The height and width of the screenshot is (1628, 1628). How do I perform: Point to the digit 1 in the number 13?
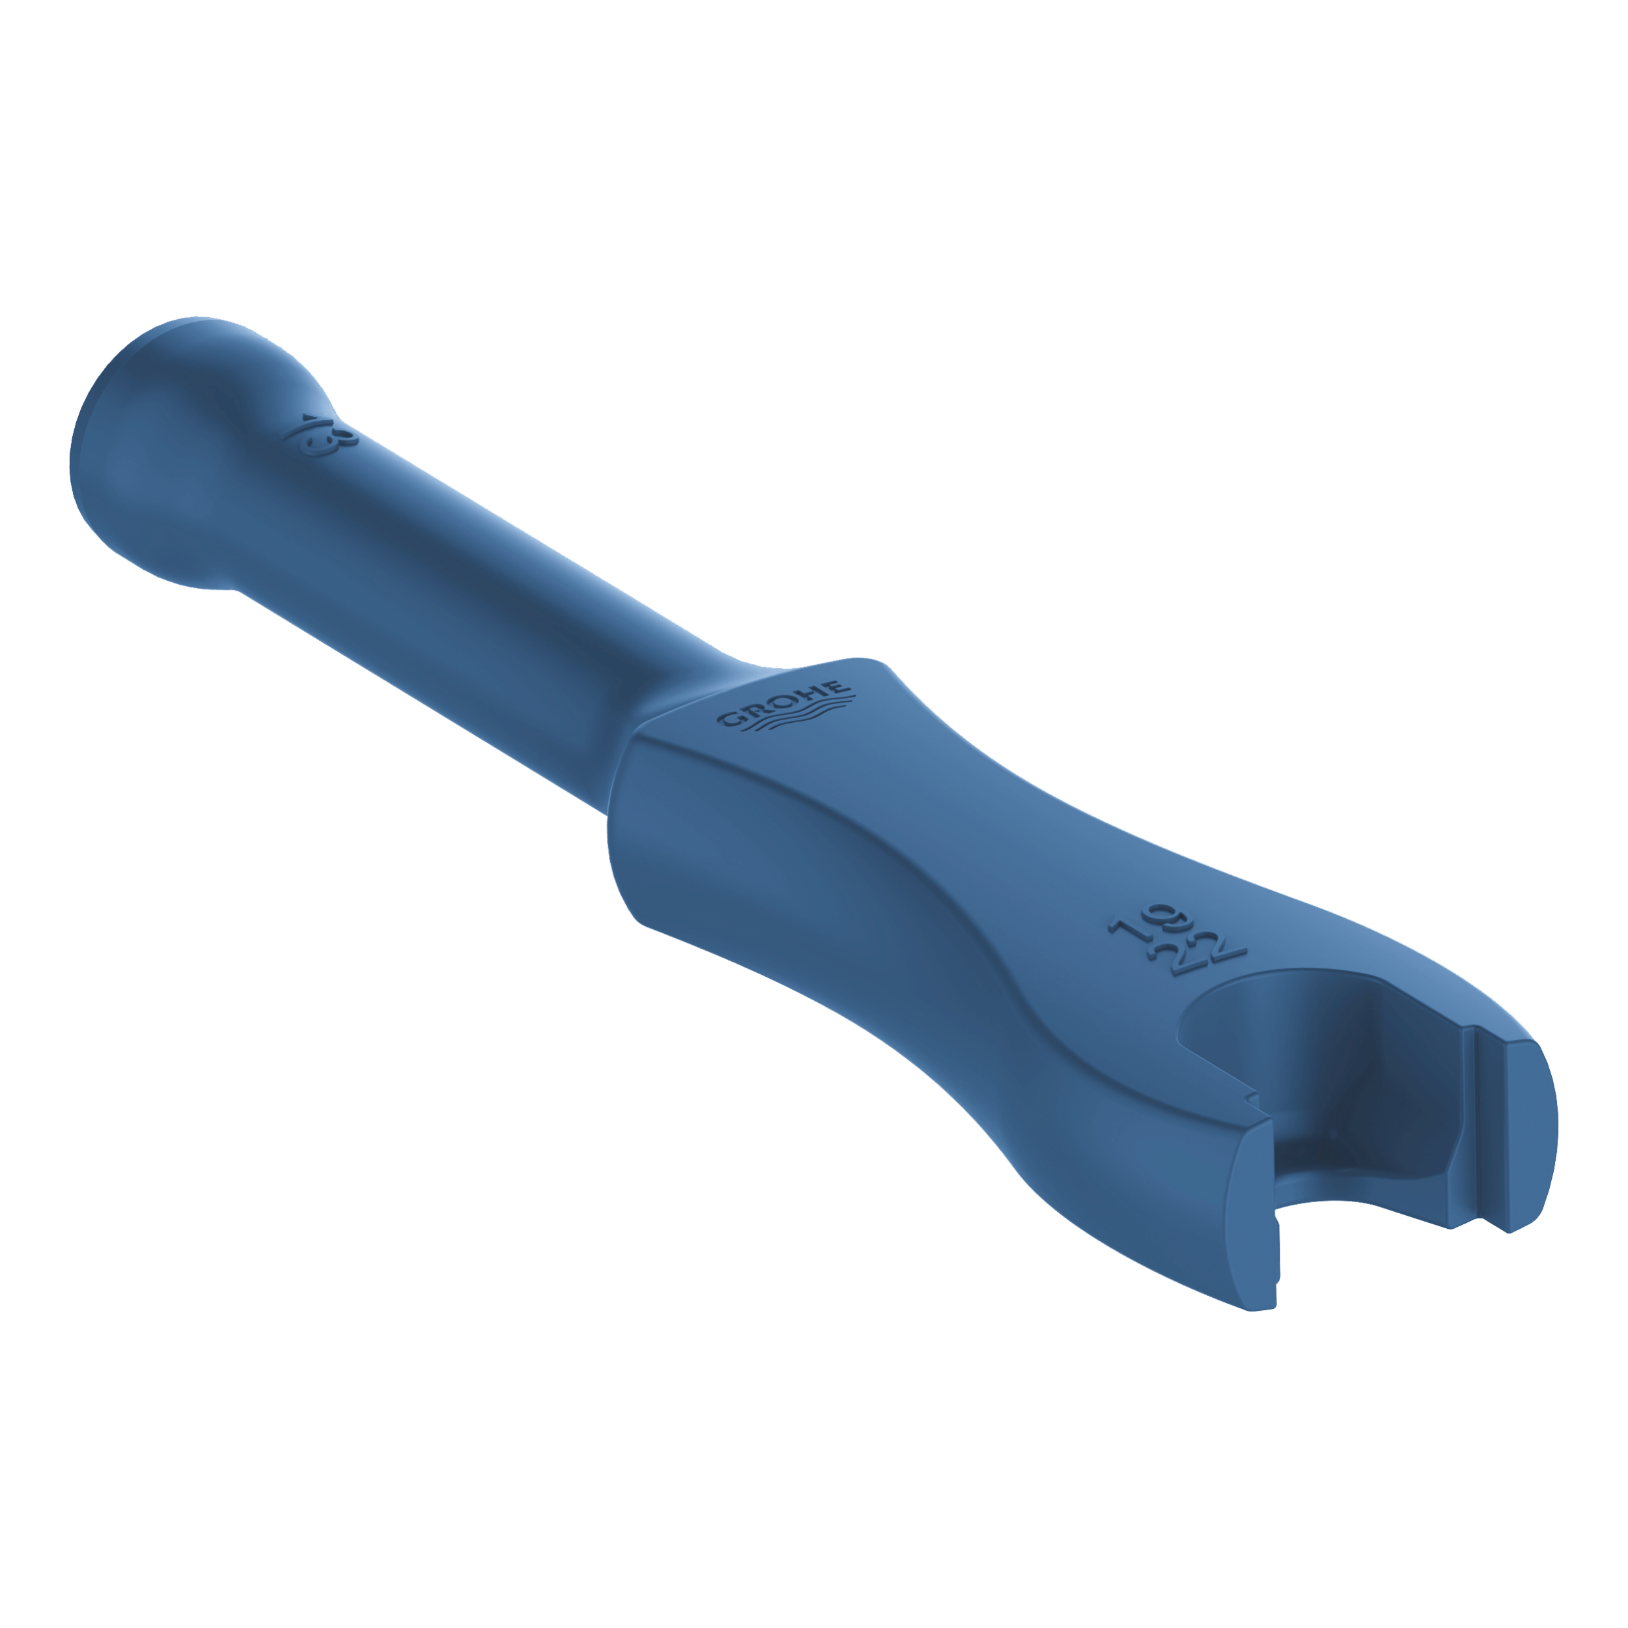click(x=302, y=427)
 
